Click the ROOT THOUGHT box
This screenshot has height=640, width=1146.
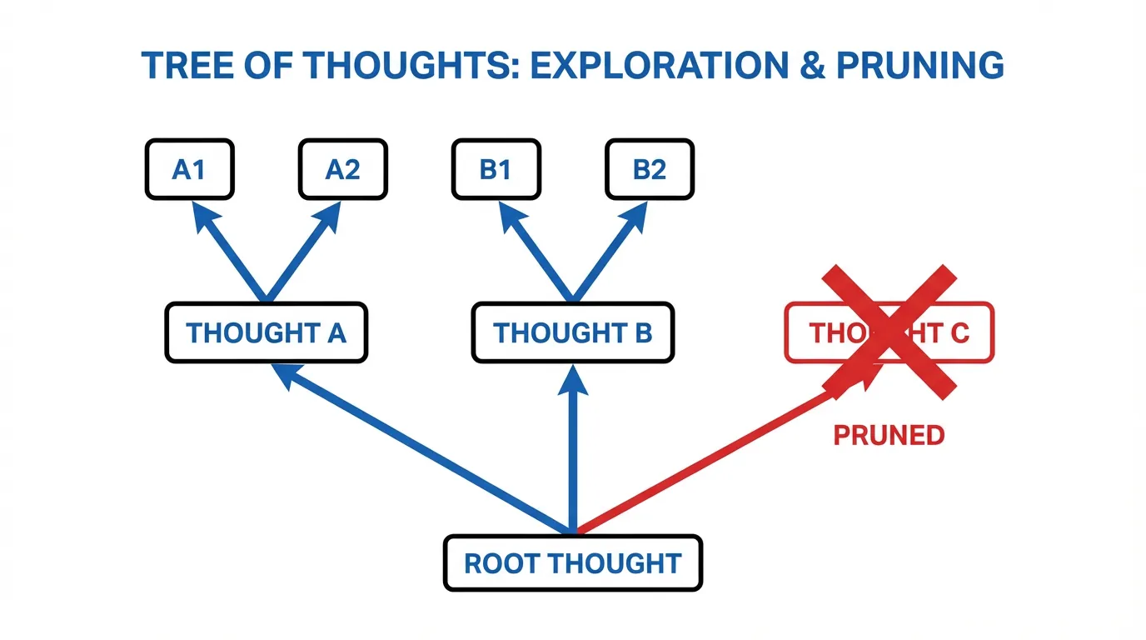pos(573,563)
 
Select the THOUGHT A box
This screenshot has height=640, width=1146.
pos(266,332)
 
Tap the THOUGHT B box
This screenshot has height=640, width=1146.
pos(573,332)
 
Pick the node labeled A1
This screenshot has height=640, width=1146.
pos(189,169)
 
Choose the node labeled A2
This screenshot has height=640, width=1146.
pos(342,169)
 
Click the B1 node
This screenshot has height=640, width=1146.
pos(496,169)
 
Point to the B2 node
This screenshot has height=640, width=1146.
pos(650,169)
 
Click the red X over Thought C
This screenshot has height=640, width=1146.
pos(889,331)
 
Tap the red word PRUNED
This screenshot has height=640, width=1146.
pos(889,435)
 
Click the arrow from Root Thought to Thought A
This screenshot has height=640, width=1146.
pos(425,451)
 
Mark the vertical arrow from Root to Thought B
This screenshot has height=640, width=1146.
pos(573,450)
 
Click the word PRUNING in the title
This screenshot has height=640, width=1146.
pos(919,65)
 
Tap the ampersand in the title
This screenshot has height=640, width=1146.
pos(807,65)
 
